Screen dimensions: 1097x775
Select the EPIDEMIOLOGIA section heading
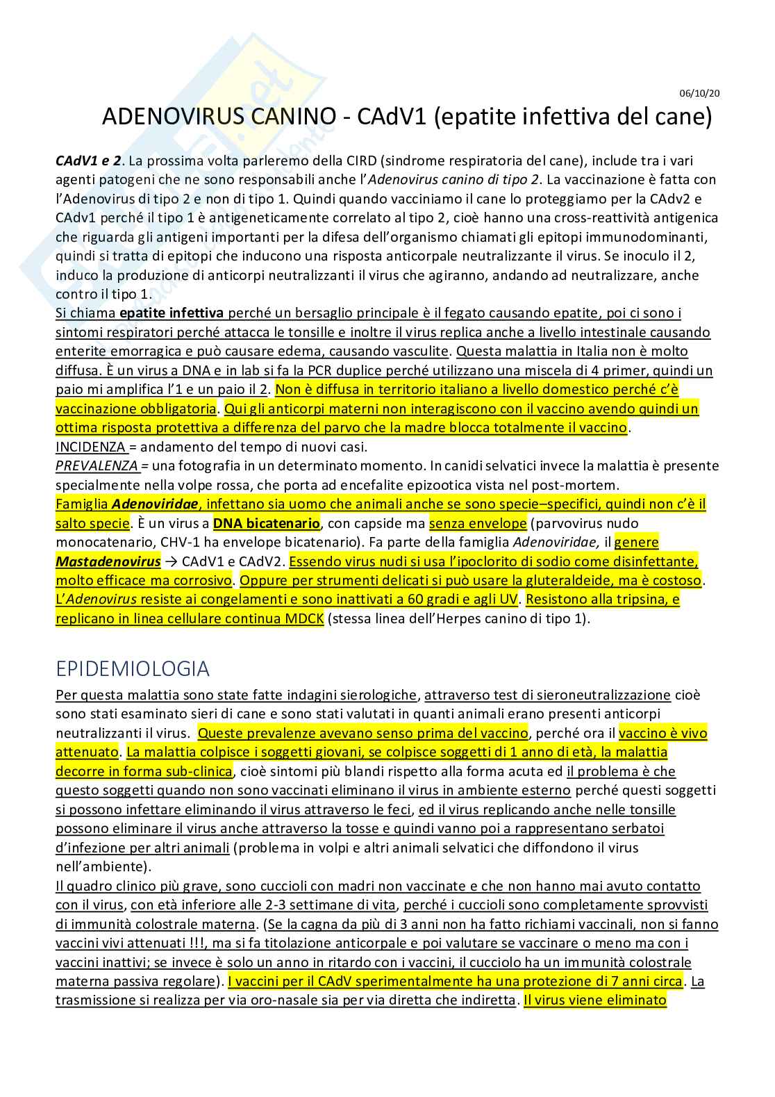[133, 668]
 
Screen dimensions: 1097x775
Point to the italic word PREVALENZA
[97, 465]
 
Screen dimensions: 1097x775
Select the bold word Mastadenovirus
[108, 561]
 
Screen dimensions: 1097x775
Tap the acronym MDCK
[304, 618]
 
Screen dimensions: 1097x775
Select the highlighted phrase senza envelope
[478, 523]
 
